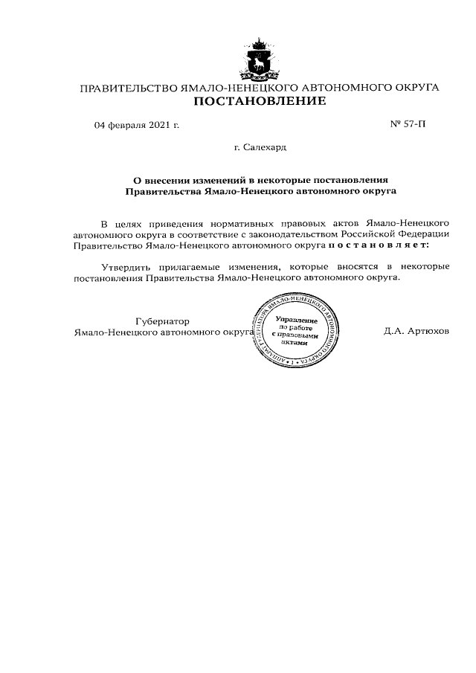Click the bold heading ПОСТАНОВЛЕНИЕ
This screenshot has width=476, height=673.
click(x=259, y=102)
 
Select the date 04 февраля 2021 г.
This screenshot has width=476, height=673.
click(x=137, y=124)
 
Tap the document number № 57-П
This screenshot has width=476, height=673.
click(x=409, y=124)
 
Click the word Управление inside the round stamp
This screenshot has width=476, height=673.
click(x=295, y=318)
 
